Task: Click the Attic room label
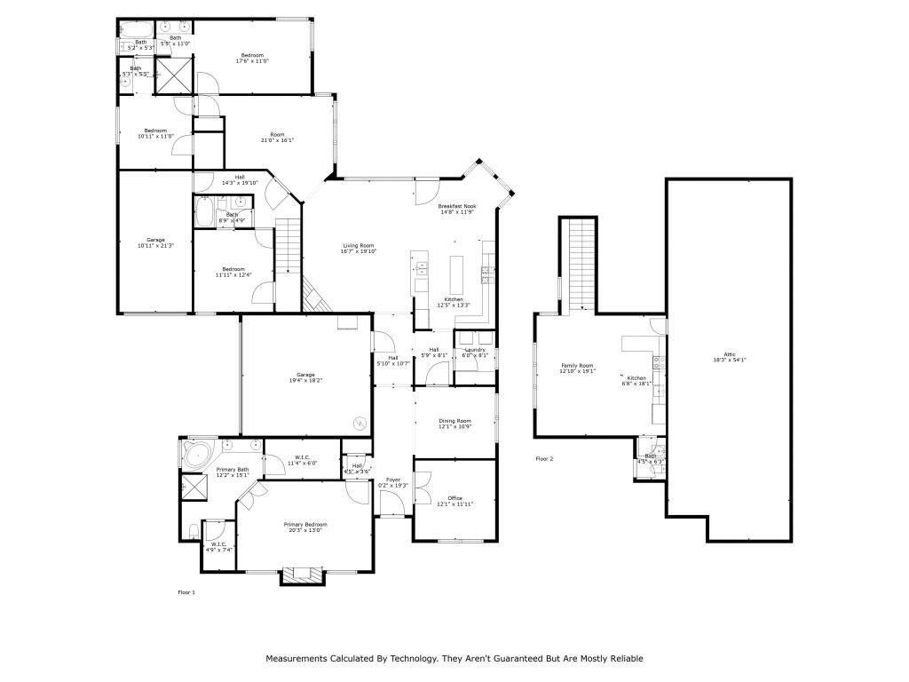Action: [729, 357]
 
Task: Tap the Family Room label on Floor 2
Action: [576, 369]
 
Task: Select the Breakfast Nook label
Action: [457, 209]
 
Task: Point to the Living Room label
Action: [360, 249]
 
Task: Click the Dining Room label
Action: [454, 424]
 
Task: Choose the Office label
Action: [454, 502]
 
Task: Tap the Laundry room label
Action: [475, 353]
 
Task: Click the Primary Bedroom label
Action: [304, 527]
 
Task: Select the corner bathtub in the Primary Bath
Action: [195, 455]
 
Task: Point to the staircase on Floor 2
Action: [581, 261]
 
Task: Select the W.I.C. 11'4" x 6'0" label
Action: [302, 461]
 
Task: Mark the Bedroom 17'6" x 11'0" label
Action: [251, 58]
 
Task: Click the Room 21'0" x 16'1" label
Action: [277, 137]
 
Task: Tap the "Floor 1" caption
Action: [186, 591]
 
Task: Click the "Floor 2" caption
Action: [544, 459]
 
